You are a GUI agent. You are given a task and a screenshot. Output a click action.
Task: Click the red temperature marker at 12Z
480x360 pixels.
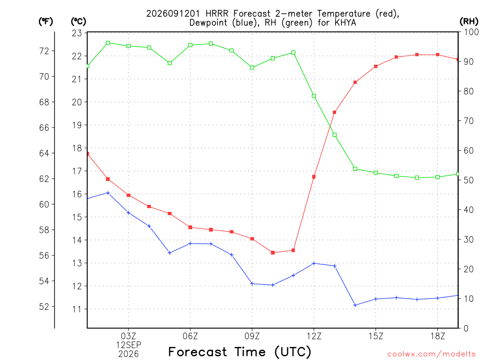click(314, 177)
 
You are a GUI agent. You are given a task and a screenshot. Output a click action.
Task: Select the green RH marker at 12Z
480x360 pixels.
click(314, 96)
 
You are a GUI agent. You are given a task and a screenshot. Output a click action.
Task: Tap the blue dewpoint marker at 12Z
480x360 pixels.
click(314, 263)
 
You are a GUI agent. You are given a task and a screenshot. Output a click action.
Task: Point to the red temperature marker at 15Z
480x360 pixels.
click(375, 66)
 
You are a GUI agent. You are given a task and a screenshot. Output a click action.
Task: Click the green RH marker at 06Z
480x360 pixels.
click(190, 45)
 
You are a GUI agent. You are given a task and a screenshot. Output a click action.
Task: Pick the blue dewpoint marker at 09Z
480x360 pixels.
click(252, 284)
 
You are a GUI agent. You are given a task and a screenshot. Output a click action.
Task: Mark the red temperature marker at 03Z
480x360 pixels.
click(128, 195)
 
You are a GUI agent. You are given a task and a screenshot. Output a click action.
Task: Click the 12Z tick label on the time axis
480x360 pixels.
click(314, 336)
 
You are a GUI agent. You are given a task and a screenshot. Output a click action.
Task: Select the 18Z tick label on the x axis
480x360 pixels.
click(437, 336)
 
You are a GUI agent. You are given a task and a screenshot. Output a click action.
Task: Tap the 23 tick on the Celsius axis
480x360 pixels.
click(77, 33)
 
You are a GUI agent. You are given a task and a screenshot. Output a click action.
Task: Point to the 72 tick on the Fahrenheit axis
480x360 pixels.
click(44, 51)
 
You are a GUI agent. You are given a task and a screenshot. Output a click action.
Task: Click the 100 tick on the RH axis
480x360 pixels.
click(471, 32)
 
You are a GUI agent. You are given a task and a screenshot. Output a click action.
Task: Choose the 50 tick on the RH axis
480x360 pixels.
click(468, 180)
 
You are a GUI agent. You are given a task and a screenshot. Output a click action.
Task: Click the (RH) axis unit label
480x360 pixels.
click(469, 22)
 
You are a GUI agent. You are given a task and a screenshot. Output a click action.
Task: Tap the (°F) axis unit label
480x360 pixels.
click(45, 22)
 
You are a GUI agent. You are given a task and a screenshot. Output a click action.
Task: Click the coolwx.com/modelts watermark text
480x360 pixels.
click(431, 354)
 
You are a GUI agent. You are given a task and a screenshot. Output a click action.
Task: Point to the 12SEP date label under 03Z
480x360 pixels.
click(128, 345)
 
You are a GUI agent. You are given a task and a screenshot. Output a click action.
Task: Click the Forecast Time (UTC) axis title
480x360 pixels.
click(240, 352)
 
